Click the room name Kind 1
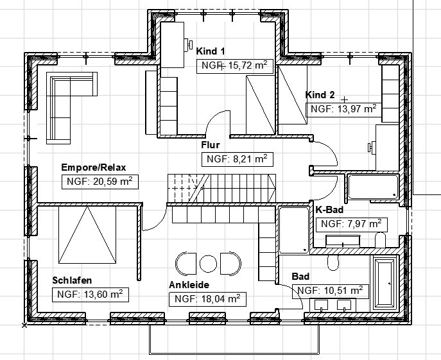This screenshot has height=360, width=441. click(x=211, y=51)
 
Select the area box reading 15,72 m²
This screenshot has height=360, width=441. click(x=235, y=66)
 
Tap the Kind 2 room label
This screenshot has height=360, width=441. click(x=320, y=95)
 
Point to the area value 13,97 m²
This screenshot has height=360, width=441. click(x=343, y=109)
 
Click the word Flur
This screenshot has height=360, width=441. click(x=211, y=145)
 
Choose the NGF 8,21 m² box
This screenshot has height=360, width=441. click(x=238, y=160)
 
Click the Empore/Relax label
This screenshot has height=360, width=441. click(x=93, y=167)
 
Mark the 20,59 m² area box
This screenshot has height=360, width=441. click(x=100, y=182)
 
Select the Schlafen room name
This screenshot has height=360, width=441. click(x=72, y=280)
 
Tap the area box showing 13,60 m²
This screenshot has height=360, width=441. click(x=91, y=295)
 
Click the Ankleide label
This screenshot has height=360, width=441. click(x=189, y=285)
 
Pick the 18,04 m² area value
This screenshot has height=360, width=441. click(x=207, y=299)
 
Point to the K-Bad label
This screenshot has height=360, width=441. click(x=329, y=210)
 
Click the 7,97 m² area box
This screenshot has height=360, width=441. click(x=352, y=225)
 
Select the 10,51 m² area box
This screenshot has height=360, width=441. click(x=331, y=291)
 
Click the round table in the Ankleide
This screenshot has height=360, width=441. click(x=208, y=264)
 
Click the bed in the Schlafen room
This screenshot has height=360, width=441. click(x=87, y=235)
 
